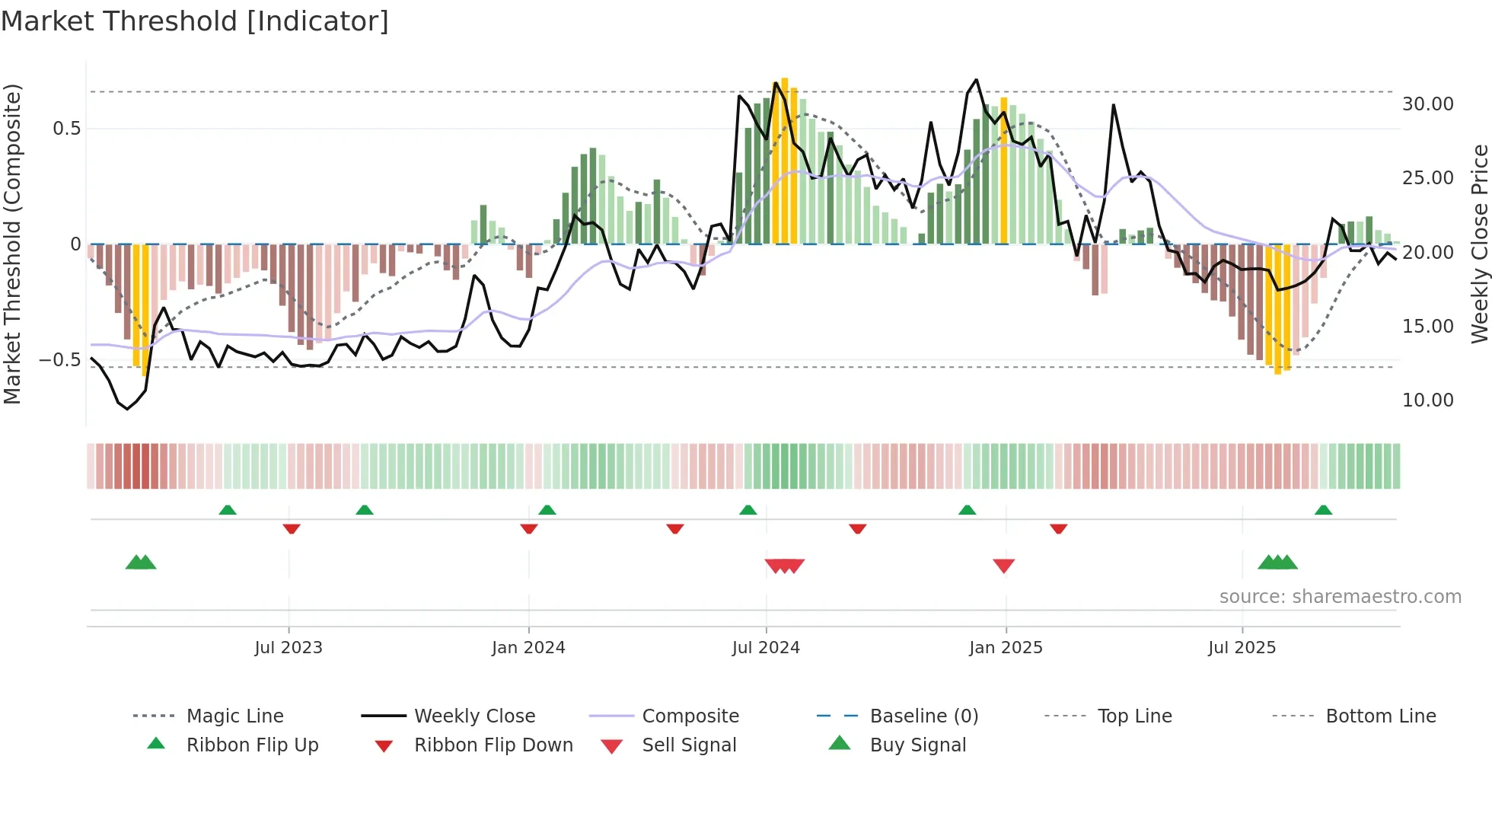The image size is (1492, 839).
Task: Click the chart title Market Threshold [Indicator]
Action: tap(195, 21)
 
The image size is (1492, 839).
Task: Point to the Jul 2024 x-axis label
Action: tap(766, 648)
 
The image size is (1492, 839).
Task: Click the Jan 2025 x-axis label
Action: tap(1006, 648)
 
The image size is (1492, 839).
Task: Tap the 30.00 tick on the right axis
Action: tap(1427, 104)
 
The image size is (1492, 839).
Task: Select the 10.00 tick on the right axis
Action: tap(1427, 400)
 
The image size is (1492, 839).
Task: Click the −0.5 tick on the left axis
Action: tap(59, 360)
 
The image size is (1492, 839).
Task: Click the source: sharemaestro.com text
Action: tap(1340, 597)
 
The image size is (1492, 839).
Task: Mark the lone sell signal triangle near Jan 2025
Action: tap(1003, 566)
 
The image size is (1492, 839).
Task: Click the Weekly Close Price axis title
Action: tap(1479, 244)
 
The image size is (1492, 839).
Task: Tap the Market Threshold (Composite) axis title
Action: tap(12, 244)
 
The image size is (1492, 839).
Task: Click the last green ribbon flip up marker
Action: tap(1323, 510)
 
